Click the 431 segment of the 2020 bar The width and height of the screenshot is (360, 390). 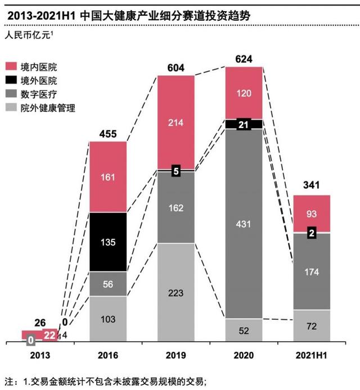coord(244,223)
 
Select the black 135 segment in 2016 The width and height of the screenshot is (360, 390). coord(107,242)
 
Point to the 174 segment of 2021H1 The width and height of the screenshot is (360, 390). coord(312,271)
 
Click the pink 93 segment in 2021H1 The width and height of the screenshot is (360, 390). coord(312,213)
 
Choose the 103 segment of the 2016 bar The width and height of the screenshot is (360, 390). coord(107,318)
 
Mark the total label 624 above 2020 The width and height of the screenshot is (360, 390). coord(244,59)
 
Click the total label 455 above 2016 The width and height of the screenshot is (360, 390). coord(107,134)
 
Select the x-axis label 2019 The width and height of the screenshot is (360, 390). coord(175,355)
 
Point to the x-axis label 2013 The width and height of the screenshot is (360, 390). coord(39,355)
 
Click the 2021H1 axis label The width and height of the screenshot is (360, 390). coord(312,355)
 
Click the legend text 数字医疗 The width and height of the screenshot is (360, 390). coord(38,94)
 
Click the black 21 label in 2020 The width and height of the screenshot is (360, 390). coord(244,124)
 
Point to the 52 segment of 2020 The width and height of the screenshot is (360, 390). coord(244,330)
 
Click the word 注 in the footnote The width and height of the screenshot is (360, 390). coord(8,382)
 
